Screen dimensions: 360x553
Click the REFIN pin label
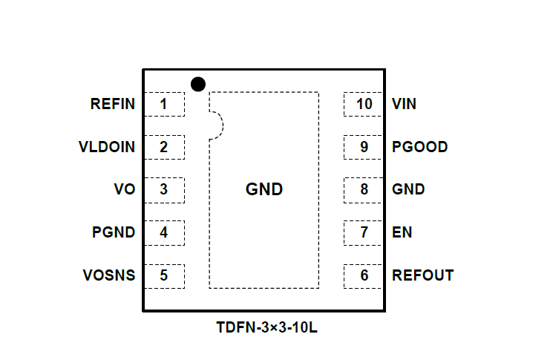pyautogui.click(x=113, y=104)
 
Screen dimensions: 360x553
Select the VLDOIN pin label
pyautogui.click(x=107, y=147)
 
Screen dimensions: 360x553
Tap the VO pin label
pyautogui.click(x=125, y=189)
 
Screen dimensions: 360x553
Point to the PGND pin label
pyautogui.click(x=114, y=232)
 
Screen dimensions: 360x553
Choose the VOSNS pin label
pyautogui.click(x=109, y=275)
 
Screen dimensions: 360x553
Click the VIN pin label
pyautogui.click(x=404, y=104)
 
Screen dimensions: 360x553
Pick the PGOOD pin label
pyautogui.click(x=419, y=147)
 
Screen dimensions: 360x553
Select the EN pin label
pyautogui.click(x=402, y=232)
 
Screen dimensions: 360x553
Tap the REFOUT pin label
pyautogui.click(x=422, y=275)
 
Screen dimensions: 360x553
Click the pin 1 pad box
pyautogui.click(x=163, y=104)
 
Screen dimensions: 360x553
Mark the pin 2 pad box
pyautogui.click(x=163, y=147)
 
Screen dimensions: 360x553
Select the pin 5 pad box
pyautogui.click(x=163, y=275)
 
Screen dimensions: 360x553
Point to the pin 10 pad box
pyautogui.click(x=364, y=104)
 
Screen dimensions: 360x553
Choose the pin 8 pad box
pyautogui.click(x=364, y=189)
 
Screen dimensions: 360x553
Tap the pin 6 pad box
pyautogui.click(x=364, y=275)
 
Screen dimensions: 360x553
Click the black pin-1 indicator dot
pyautogui.click(x=197, y=84)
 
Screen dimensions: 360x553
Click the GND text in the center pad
pyautogui.click(x=264, y=189)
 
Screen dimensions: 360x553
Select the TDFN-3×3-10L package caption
pyautogui.click(x=266, y=327)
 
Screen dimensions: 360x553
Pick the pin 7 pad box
pyautogui.click(x=364, y=232)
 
